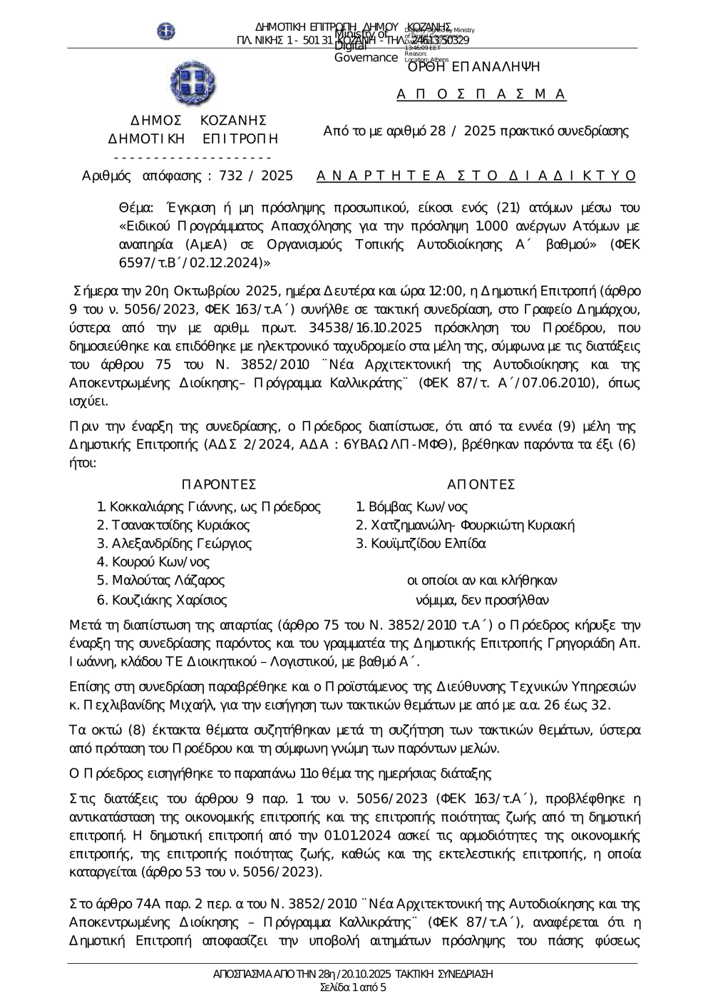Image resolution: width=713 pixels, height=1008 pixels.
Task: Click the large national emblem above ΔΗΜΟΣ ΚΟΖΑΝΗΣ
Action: (x=193, y=83)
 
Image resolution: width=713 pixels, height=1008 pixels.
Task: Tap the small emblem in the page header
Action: (x=166, y=31)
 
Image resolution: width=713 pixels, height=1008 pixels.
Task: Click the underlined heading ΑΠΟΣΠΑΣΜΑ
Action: (x=481, y=94)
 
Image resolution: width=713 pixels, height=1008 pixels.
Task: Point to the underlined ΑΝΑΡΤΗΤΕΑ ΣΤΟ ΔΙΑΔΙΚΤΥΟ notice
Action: (x=476, y=175)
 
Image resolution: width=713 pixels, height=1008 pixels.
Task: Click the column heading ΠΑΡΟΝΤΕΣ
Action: (x=218, y=485)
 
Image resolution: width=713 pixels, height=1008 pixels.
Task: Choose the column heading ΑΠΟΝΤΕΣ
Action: (x=481, y=485)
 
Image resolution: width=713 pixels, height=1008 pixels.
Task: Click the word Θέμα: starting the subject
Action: (x=135, y=208)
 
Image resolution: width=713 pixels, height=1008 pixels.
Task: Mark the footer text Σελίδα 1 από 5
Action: (x=354, y=987)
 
